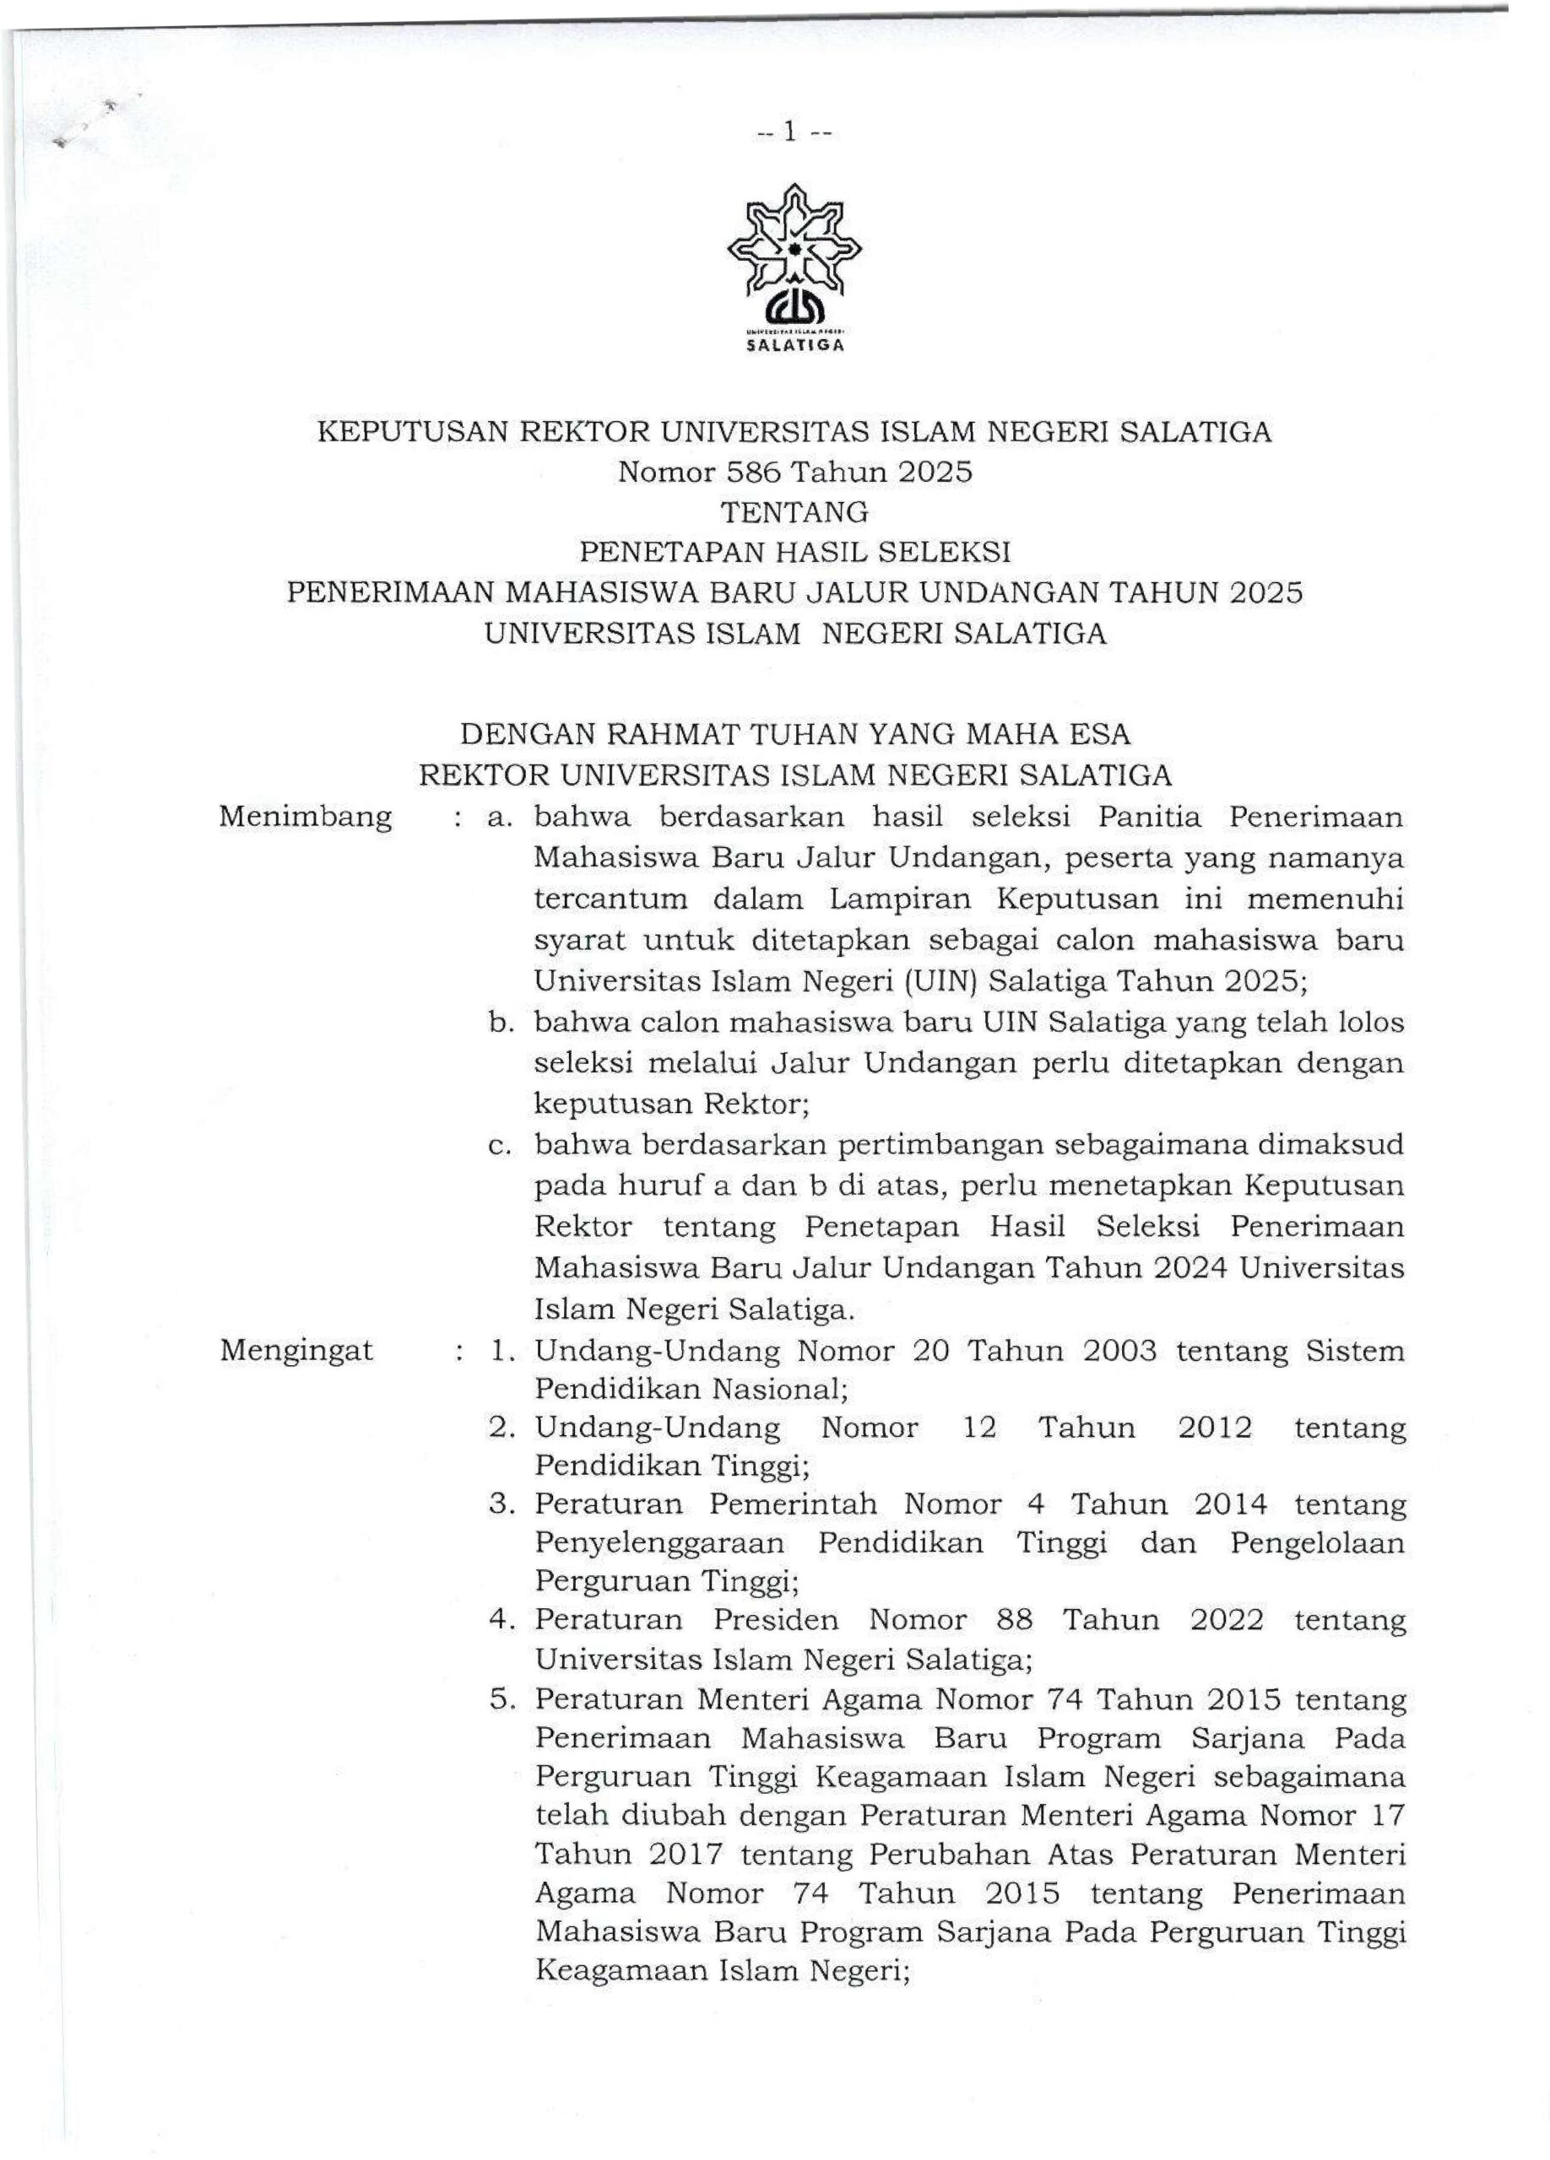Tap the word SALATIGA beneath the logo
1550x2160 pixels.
point(794,347)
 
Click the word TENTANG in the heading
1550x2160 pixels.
point(794,512)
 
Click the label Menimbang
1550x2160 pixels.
point(305,817)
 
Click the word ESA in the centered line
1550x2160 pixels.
point(1099,734)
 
